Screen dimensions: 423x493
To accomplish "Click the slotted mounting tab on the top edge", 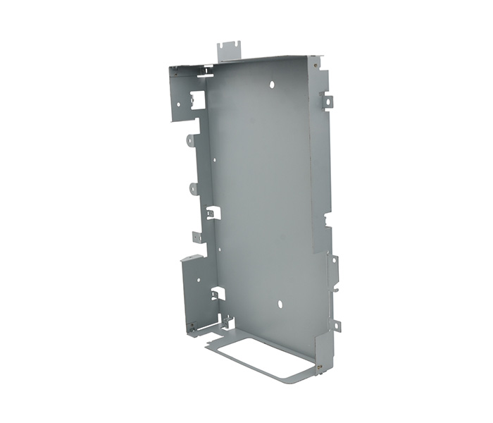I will [x=228, y=49].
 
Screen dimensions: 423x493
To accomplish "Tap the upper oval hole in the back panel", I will [x=272, y=85].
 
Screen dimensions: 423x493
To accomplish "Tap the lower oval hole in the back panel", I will [x=280, y=305].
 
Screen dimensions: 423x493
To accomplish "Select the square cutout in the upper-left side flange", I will [x=198, y=99].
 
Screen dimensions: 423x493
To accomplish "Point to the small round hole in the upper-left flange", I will [x=178, y=104].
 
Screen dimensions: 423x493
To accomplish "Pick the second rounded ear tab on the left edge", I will [x=193, y=188].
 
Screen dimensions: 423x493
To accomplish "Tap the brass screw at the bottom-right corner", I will [x=319, y=367].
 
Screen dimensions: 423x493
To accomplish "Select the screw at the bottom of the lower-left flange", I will [x=191, y=326].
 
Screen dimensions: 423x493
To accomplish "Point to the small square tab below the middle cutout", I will [x=199, y=237].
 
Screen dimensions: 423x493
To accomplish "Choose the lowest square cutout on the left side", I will [x=218, y=293].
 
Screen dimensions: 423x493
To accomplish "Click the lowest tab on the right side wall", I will [x=336, y=325].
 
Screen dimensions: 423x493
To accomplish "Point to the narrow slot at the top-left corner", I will [x=206, y=70].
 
